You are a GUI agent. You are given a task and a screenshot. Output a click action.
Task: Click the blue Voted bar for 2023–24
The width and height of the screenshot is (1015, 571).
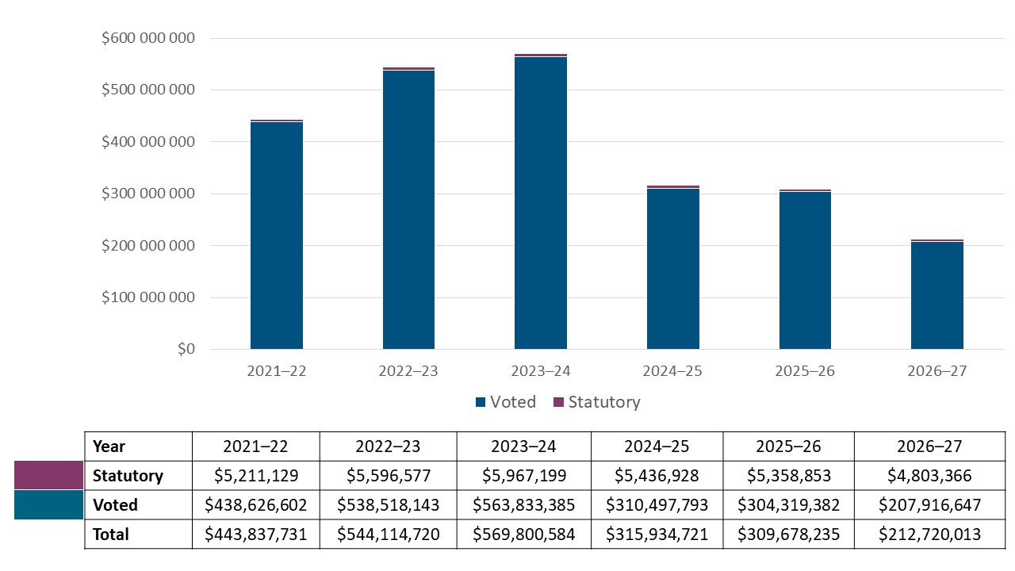coord(541,203)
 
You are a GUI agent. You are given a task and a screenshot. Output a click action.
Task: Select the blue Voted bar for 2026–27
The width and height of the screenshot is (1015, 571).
coord(936,296)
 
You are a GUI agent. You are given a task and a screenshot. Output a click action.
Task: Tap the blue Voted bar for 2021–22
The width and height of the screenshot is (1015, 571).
coord(277,236)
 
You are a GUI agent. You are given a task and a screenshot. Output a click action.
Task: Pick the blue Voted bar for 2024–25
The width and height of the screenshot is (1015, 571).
coord(672,269)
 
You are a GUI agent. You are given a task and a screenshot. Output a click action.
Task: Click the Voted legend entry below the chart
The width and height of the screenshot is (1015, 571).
coord(505,402)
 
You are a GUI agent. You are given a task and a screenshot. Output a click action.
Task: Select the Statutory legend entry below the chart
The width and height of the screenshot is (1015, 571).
coord(596,402)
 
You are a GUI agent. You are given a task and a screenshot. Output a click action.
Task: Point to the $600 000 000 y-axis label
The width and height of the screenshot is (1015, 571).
coord(148,38)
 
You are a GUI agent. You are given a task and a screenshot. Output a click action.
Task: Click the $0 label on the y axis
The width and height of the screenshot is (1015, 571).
coord(186,349)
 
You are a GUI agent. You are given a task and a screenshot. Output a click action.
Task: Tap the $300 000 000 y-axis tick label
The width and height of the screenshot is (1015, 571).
coord(148,194)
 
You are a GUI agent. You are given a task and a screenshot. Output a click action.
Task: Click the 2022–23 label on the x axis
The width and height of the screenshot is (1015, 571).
coord(408,371)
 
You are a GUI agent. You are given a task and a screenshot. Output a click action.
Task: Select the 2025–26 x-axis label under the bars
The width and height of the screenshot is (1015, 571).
coord(805,371)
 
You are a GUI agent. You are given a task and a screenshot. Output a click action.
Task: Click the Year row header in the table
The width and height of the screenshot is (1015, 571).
coord(109,446)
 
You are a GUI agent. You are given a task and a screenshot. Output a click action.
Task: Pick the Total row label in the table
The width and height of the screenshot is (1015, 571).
coord(111,535)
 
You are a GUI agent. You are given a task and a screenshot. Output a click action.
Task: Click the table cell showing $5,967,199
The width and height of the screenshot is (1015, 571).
coord(523,476)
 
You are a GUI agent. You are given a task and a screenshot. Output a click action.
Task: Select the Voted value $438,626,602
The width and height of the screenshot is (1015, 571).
coord(256,505)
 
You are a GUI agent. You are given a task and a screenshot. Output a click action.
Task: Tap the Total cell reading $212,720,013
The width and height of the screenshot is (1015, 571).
coord(929,535)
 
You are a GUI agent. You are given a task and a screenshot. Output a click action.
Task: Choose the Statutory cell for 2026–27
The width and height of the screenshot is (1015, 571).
coord(929,476)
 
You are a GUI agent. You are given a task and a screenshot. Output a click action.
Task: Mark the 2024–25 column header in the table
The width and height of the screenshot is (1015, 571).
coord(657,446)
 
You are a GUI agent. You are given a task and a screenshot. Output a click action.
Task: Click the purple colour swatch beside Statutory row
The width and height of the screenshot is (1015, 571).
coord(48,475)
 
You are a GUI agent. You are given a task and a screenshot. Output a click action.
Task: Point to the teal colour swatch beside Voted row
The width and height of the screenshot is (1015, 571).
coord(48,504)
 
